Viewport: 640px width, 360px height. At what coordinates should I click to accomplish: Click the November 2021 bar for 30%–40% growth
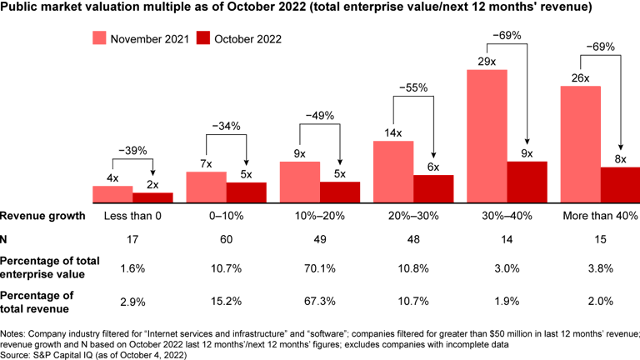(487, 137)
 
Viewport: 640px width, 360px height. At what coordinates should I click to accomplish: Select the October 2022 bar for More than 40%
(620, 185)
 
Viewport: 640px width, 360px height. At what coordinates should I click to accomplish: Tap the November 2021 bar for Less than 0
(112, 194)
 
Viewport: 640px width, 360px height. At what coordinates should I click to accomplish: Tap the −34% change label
(226, 126)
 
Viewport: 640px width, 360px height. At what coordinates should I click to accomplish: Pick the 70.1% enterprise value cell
(319, 269)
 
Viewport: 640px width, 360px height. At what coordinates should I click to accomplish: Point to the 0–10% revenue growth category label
(226, 217)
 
